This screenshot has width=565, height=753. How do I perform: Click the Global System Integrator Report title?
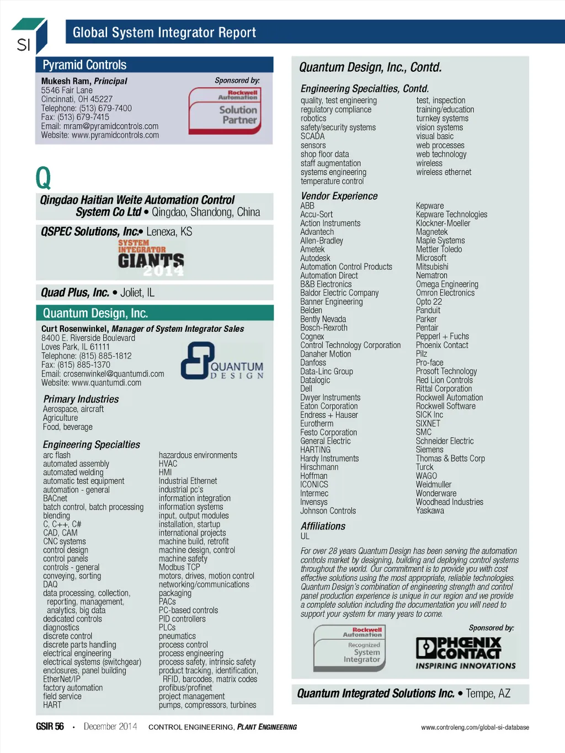[164, 33]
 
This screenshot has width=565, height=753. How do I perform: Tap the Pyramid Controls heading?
[84, 65]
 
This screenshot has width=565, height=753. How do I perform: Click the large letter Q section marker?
[43, 178]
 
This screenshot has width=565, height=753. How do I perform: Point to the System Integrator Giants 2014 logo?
[151, 258]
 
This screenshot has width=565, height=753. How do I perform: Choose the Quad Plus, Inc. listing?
[98, 293]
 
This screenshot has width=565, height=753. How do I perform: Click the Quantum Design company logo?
[222, 361]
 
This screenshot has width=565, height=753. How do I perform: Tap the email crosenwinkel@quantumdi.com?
[103, 374]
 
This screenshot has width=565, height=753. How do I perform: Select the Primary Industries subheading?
[81, 399]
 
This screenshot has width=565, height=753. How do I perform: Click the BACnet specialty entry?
[55, 499]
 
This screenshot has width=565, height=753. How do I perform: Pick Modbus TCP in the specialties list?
[179, 568]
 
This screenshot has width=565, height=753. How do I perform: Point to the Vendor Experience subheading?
[339, 196]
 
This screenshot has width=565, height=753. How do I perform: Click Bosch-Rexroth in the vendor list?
[324, 328]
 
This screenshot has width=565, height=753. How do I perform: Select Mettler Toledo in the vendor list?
[439, 250]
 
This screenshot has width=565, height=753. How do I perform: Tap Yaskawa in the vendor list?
[430, 511]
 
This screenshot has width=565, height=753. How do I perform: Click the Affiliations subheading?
[323, 526]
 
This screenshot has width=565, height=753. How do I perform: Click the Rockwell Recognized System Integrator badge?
[350, 648]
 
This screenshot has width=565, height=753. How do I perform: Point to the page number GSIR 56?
[50, 727]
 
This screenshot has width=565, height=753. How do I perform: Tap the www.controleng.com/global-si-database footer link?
[475, 727]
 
